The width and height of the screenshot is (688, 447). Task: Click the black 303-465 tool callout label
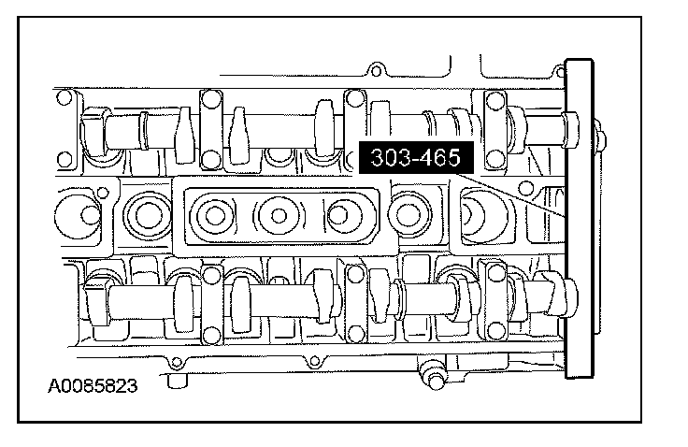pyautogui.click(x=416, y=158)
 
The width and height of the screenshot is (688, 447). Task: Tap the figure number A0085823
pyautogui.click(x=93, y=386)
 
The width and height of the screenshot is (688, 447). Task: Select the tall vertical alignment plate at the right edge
pyautogui.click(x=580, y=218)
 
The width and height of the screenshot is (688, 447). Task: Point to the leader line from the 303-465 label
pyautogui.click(x=509, y=195)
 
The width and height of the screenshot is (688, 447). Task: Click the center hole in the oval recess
pyautogui.click(x=279, y=216)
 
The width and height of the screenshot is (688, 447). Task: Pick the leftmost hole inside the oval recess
pyautogui.click(x=215, y=216)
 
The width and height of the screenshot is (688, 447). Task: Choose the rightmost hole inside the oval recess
pyautogui.click(x=337, y=216)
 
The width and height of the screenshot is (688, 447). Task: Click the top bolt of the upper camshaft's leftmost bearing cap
pyautogui.click(x=210, y=98)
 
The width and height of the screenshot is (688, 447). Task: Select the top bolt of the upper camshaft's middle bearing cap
pyautogui.click(x=355, y=98)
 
